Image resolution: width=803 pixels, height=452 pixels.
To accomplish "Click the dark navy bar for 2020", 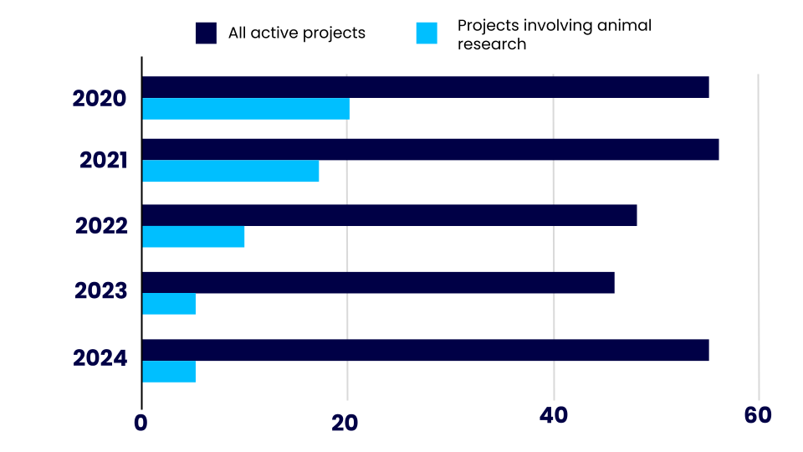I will tap(425, 87).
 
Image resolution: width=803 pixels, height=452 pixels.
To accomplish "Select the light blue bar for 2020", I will tap(246, 109).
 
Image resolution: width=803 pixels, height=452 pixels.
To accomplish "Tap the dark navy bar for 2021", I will tap(430, 150).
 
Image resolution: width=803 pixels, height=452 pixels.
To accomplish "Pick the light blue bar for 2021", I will tap(230, 171).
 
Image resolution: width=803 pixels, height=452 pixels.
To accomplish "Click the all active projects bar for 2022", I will tap(389, 215).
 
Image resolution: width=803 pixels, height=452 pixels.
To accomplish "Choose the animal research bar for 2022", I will tap(193, 237).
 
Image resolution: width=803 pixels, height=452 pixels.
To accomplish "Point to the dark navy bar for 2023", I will tap(378, 282).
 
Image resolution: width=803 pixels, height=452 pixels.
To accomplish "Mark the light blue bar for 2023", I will tap(169, 304).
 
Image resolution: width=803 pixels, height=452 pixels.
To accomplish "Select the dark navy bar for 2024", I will tap(425, 350).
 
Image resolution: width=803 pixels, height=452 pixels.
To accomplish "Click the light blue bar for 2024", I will tap(169, 372).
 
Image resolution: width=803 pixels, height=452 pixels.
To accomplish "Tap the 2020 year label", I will tap(100, 99).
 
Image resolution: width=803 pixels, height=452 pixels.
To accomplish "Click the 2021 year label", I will tap(103, 160).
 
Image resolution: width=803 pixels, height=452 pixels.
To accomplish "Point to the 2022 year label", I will tap(101, 226).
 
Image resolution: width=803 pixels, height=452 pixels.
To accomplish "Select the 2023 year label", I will tap(100, 291).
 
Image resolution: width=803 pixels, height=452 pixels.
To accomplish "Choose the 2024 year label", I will tap(100, 359).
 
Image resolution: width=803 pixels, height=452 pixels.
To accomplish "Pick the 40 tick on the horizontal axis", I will tap(553, 416).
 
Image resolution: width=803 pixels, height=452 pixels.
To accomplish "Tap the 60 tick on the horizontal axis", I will tap(758, 416).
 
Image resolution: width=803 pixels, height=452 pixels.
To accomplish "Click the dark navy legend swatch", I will tap(206, 33).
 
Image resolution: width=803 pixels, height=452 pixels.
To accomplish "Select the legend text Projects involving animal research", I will tap(554, 34).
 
